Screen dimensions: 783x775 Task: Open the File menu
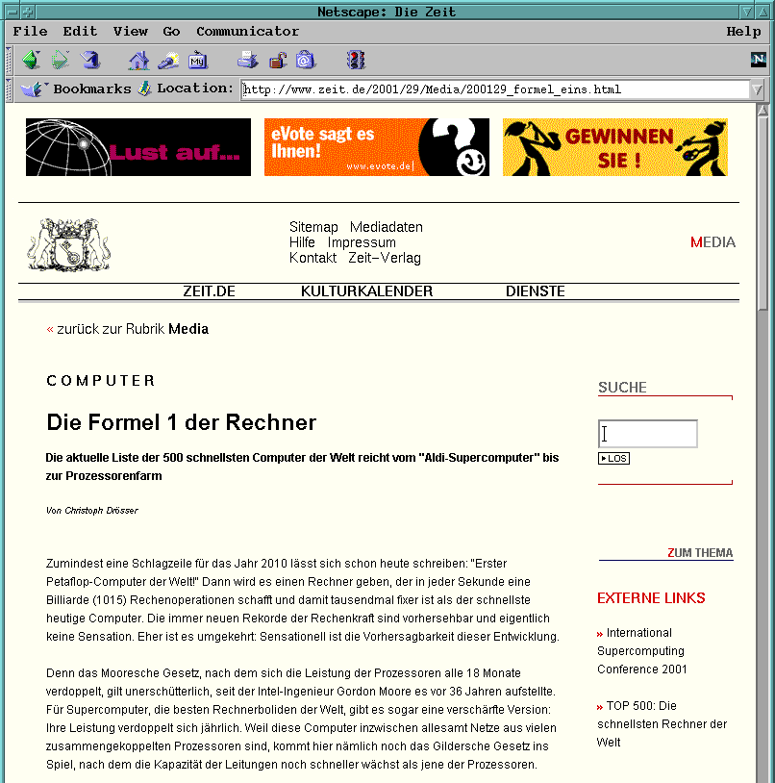(x=30, y=32)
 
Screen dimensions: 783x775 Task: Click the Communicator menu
(x=247, y=32)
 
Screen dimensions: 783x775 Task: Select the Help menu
(x=743, y=32)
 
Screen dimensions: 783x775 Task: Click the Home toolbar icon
(x=138, y=61)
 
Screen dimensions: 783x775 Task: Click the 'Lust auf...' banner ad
(x=138, y=147)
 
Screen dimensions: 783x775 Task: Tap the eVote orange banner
(x=376, y=147)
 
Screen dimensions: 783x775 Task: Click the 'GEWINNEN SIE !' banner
(x=614, y=147)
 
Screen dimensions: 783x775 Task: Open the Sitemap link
(x=313, y=227)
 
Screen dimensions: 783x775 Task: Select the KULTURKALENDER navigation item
(x=366, y=291)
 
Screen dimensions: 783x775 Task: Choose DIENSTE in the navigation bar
(x=535, y=291)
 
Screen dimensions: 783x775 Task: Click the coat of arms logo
(x=68, y=244)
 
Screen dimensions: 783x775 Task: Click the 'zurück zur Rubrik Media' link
(x=132, y=329)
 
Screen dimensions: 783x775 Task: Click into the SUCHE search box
(x=647, y=434)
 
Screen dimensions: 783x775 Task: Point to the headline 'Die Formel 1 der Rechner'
(x=181, y=423)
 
